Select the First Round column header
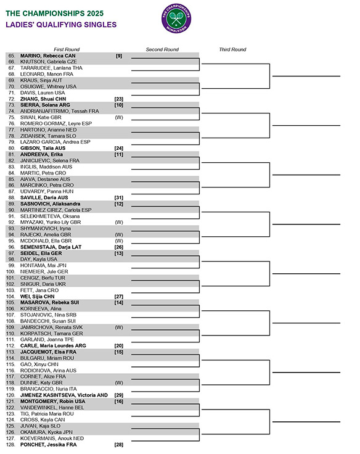pyautogui.click(x=67, y=49)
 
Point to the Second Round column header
pyautogui.click(x=162, y=49)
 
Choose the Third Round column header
pyautogui.click(x=232, y=49)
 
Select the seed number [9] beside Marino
pyautogui.click(x=118, y=56)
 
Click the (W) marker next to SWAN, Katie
pyautogui.click(x=118, y=117)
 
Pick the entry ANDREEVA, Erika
pyautogui.click(x=42, y=154)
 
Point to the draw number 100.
pyautogui.click(x=10, y=271)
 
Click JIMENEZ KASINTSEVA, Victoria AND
pyautogui.click(x=64, y=395)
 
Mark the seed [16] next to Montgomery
pyautogui.click(x=118, y=401)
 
